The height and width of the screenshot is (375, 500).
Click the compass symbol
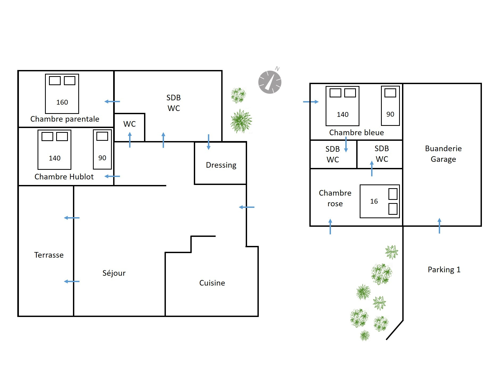pyautogui.click(x=270, y=82)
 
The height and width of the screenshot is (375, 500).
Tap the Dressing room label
pyautogui.click(x=221, y=165)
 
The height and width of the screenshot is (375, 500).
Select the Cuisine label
pyautogui.click(x=212, y=283)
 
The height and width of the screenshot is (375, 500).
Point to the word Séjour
pyautogui.click(x=114, y=273)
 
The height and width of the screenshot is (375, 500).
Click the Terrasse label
pyautogui.click(x=49, y=255)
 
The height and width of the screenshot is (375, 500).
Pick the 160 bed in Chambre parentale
pyautogui.click(x=62, y=94)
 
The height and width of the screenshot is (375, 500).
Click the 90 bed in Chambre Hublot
pyautogui.click(x=102, y=149)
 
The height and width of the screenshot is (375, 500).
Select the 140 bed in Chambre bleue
pyautogui.click(x=342, y=106)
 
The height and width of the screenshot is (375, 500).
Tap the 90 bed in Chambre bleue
pyautogui.click(x=390, y=106)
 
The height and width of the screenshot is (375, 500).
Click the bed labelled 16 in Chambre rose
pyautogui.click(x=380, y=201)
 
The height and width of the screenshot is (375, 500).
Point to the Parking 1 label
pyautogui.click(x=444, y=270)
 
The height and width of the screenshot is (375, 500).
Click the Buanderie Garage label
pyautogui.click(x=443, y=154)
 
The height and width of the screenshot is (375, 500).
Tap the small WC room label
pyautogui.click(x=130, y=124)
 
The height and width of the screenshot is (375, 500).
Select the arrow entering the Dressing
pyautogui.click(x=208, y=142)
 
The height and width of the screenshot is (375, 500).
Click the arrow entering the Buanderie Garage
pyautogui.click(x=439, y=226)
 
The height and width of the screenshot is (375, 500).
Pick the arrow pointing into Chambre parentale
pyautogui.click(x=112, y=101)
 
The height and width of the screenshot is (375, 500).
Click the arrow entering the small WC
pyautogui.click(x=130, y=140)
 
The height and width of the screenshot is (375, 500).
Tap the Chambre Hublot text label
pyautogui.click(x=64, y=177)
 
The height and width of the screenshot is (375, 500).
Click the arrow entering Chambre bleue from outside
pyautogui.click(x=311, y=102)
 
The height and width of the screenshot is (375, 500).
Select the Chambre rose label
pyautogui.click(x=335, y=198)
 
